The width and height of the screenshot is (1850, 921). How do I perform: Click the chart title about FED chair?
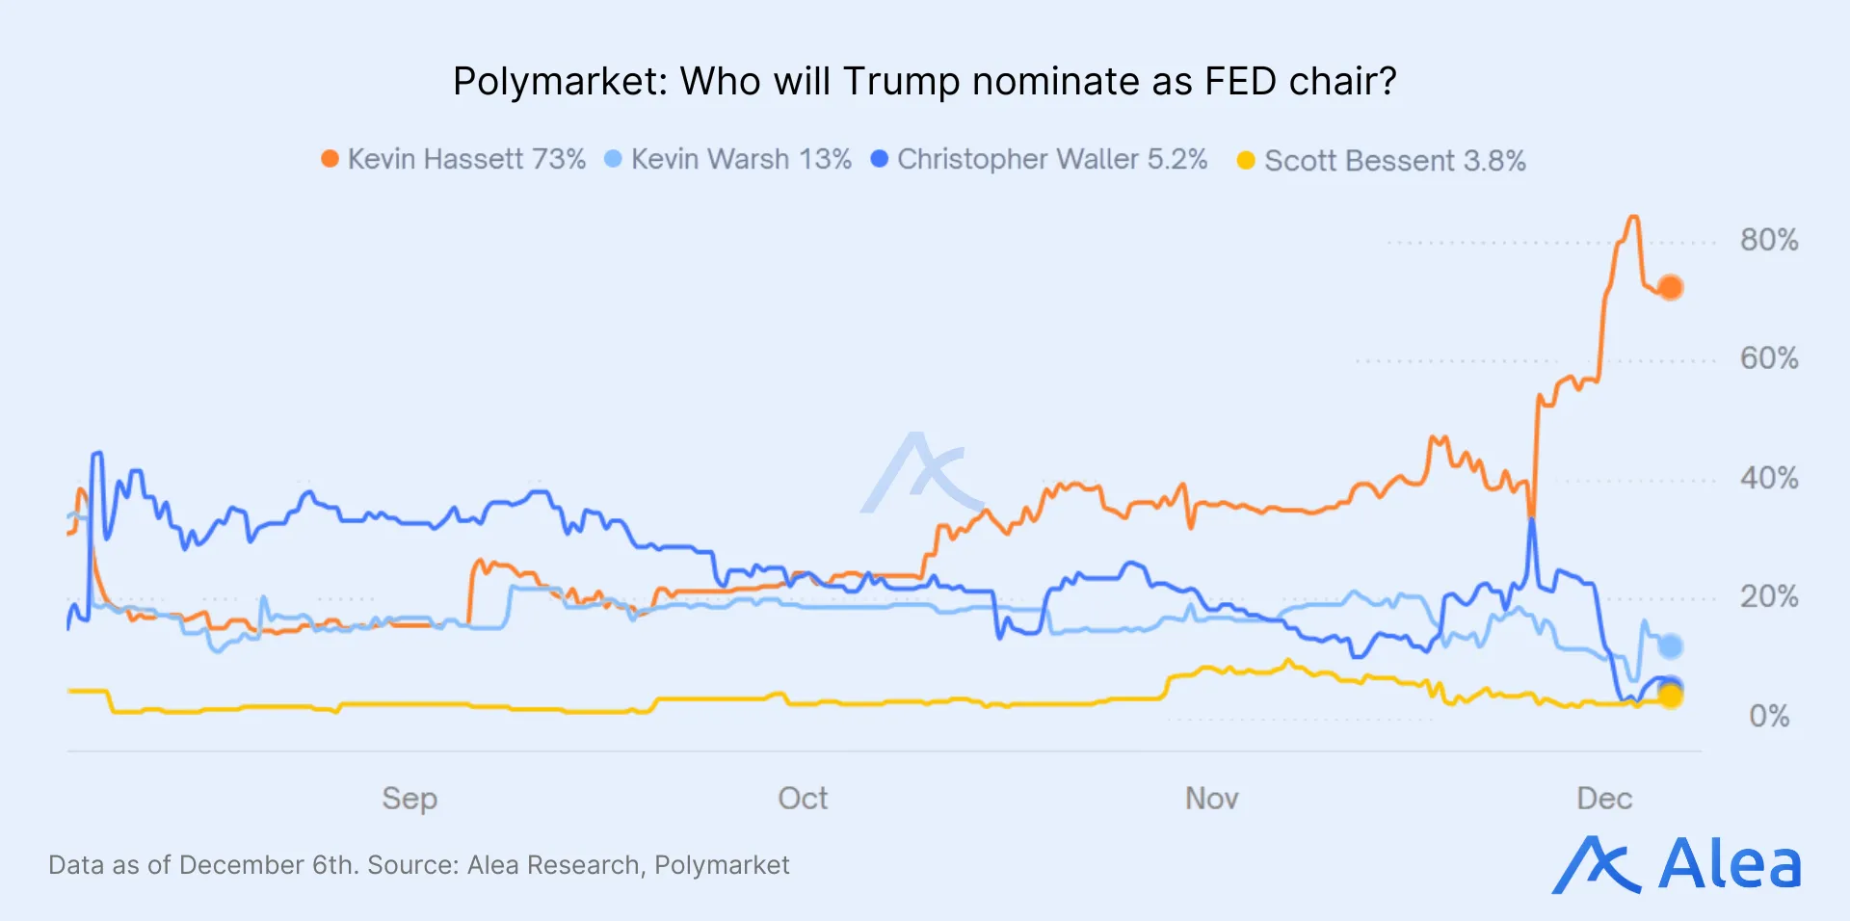924,82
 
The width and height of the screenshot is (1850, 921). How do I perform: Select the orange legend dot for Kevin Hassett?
330,159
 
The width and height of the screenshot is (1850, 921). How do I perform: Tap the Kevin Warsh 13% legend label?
741,159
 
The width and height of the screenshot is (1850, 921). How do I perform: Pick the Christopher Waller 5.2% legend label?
1052,159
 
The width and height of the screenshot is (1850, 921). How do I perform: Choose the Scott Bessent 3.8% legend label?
1394,161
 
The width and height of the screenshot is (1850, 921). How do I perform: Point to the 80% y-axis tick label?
1768,240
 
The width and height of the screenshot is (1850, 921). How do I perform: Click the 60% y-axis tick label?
1768,358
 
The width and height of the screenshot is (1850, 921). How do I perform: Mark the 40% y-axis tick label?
1768,478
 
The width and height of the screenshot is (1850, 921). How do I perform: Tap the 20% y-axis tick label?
1768,596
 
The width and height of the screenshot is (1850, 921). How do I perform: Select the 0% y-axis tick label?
1768,716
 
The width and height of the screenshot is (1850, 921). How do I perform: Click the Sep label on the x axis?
410,799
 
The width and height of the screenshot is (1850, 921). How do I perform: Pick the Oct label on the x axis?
803,799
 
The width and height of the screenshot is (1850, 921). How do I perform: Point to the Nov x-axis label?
1211,799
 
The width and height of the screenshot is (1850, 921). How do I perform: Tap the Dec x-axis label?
1604,799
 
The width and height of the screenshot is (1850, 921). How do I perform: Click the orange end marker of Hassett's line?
1670,287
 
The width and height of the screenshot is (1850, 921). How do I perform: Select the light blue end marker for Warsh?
1670,645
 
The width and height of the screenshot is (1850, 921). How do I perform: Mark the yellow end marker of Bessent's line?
1671,697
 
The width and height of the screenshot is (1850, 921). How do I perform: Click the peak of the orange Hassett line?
1632,218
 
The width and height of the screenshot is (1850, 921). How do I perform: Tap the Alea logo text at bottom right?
1729,864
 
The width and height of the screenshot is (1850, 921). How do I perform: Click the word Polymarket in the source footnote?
722,865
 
